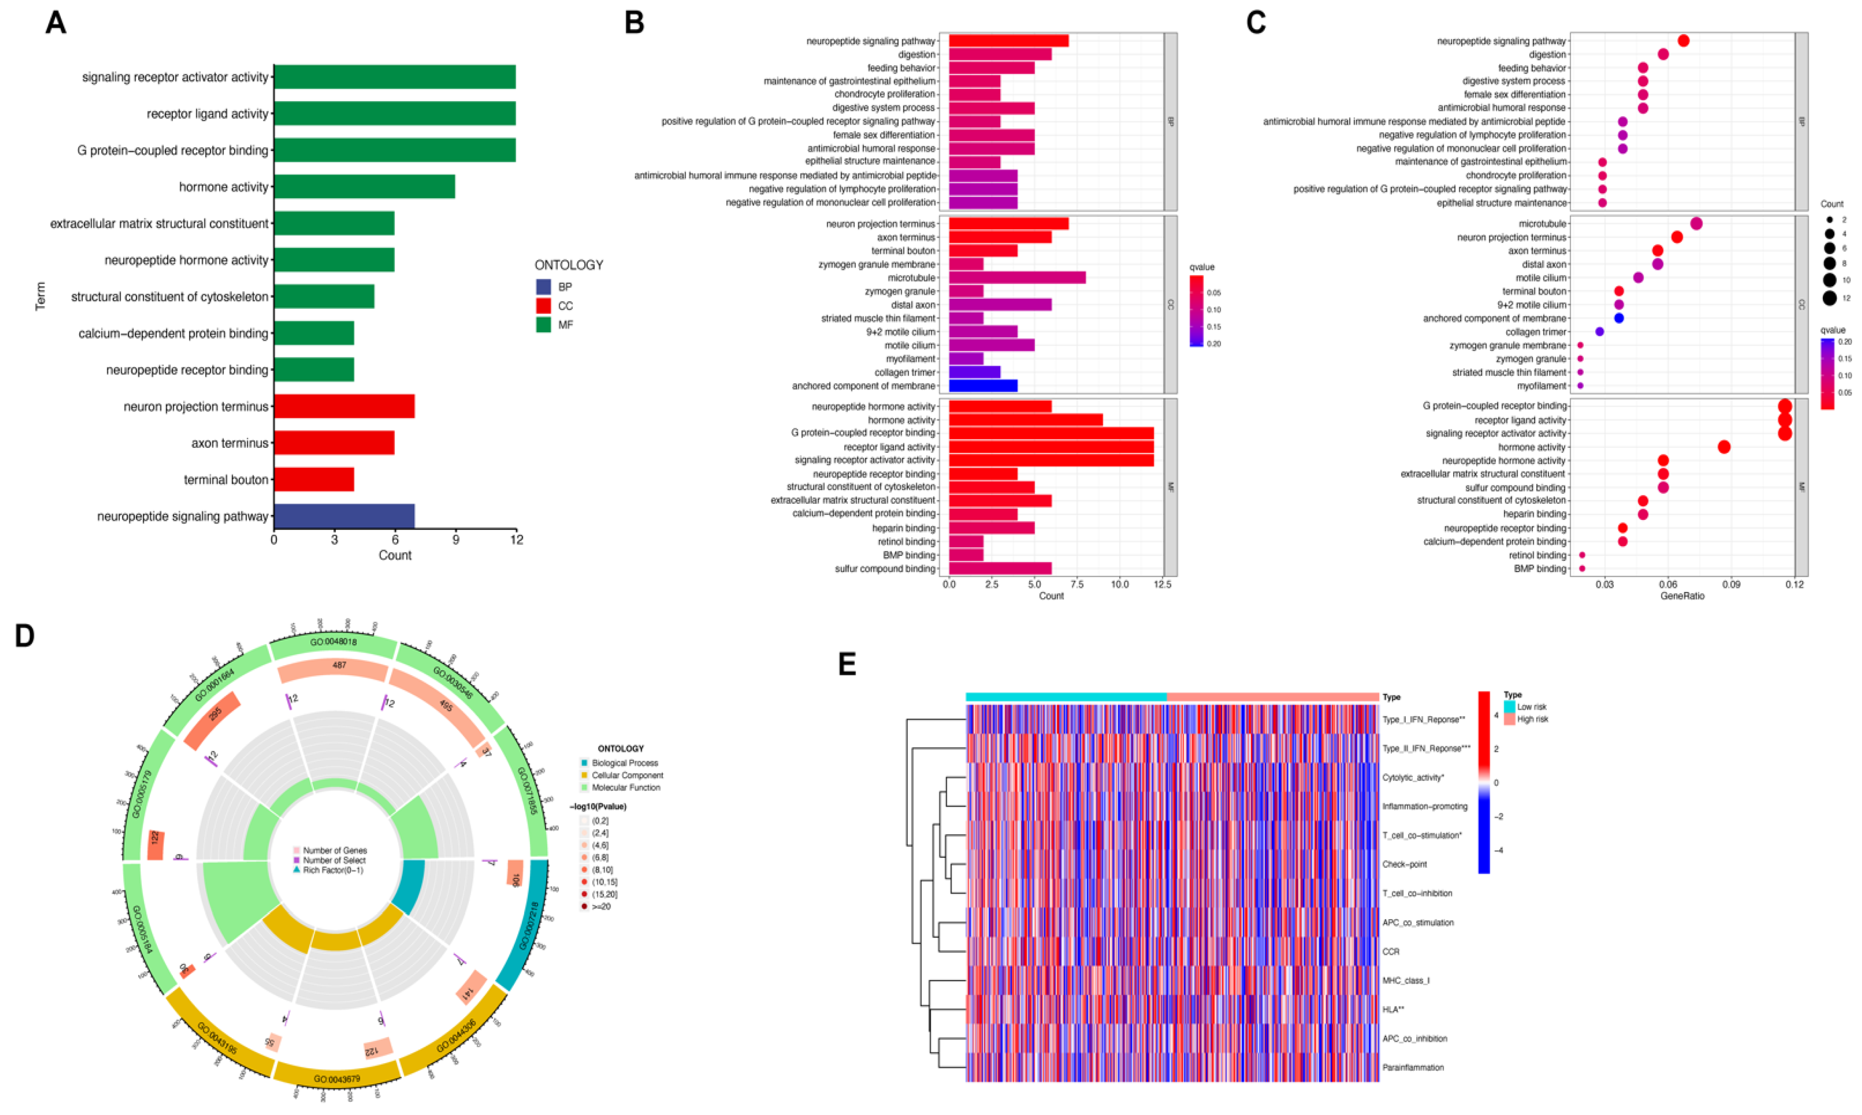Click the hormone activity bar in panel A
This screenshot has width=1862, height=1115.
[364, 186]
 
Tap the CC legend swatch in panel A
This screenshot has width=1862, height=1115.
[543, 306]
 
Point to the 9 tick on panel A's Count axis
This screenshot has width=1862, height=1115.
[455, 539]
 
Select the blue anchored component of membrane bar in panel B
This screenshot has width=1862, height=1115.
[983, 385]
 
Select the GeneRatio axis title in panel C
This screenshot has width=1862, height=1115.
[1682, 596]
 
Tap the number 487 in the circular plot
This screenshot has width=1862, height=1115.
[339, 665]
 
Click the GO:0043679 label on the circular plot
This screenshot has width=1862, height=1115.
[337, 1079]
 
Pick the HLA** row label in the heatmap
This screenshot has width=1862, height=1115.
[1393, 1009]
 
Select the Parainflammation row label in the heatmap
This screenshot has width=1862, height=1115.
[1413, 1067]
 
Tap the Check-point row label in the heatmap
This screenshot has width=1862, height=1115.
[1404, 864]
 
